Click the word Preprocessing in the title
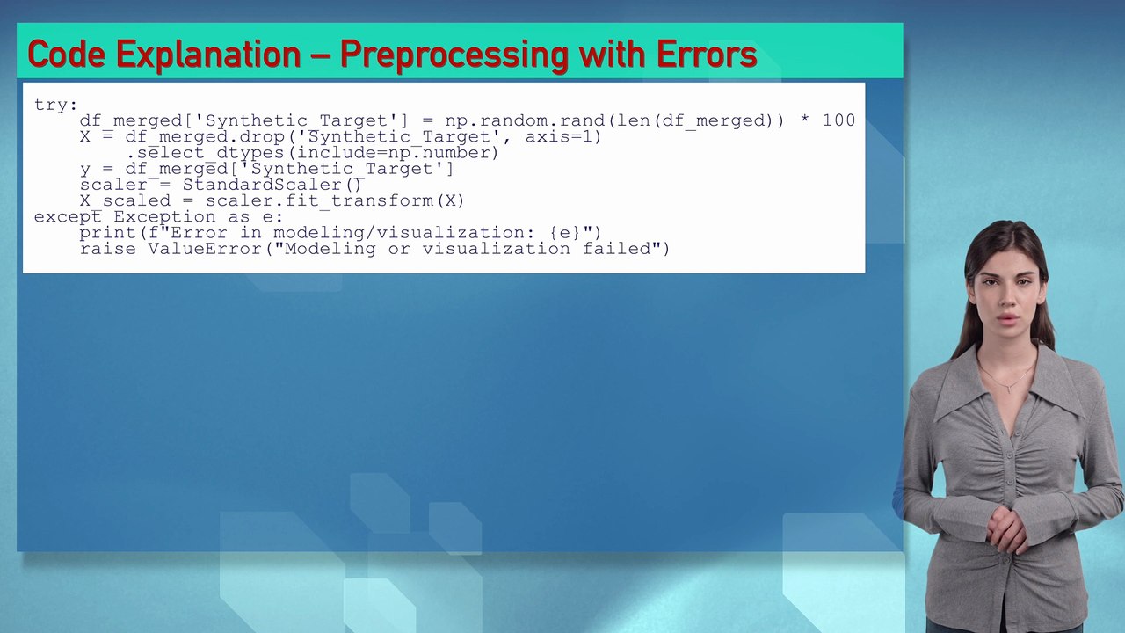coord(454,55)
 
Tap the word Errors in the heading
coord(706,55)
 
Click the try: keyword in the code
coord(55,105)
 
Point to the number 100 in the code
coord(838,120)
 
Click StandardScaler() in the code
coord(272,185)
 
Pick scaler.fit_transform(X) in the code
coord(335,200)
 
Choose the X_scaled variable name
coord(125,200)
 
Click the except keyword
coord(67,216)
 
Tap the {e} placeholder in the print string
coord(564,232)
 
